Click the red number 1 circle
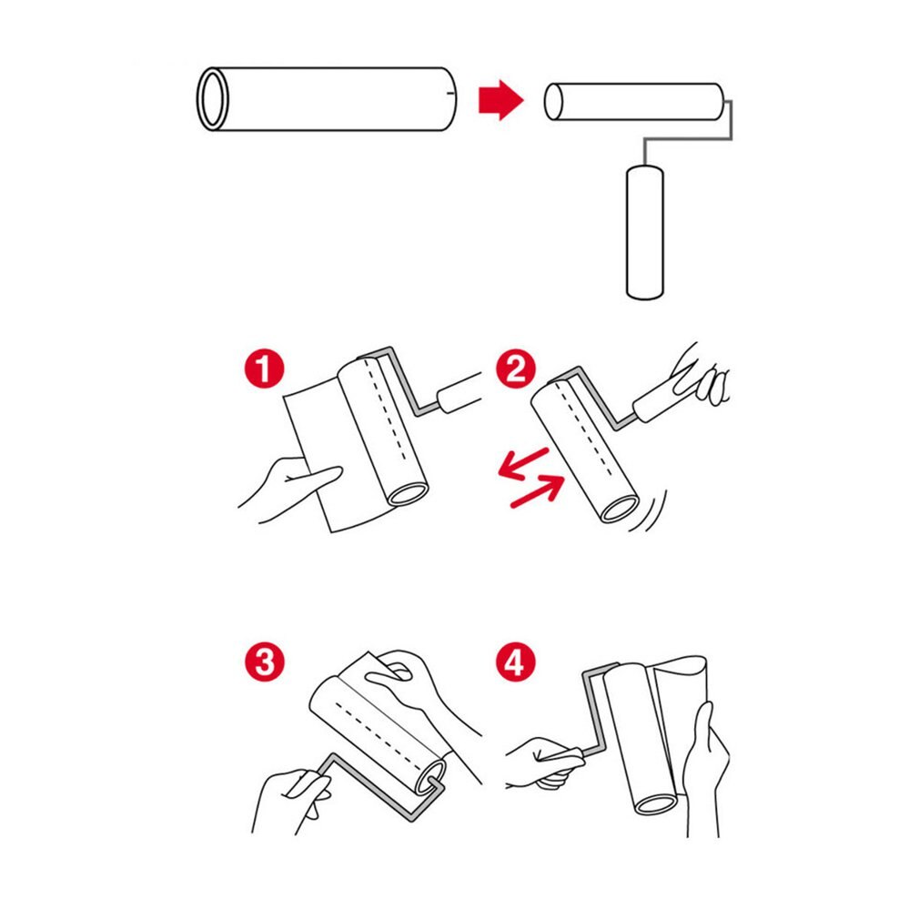(264, 371)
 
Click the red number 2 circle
(515, 371)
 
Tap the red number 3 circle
(264, 661)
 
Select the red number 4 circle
(515, 661)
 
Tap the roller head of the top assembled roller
(635, 102)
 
